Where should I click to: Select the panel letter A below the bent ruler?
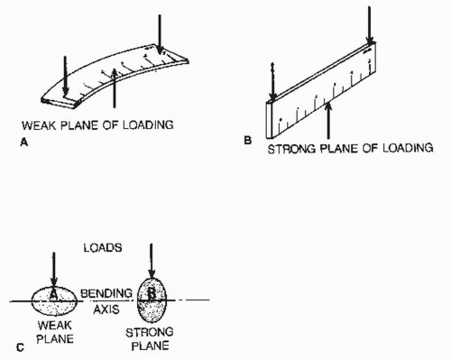pos(24,143)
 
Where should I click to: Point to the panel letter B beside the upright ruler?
pos(247,141)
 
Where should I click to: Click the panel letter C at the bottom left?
pos(20,347)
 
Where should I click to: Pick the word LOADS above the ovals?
pos(103,248)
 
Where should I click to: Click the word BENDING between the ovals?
pos(106,293)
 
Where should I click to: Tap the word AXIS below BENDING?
pos(106,309)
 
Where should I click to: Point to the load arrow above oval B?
pos(152,261)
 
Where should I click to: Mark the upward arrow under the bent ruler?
pos(114,88)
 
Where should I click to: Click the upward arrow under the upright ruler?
pos(328,121)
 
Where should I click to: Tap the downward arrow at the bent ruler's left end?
pos(65,76)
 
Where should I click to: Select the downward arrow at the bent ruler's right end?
pos(160,34)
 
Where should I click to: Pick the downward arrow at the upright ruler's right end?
pos(369,25)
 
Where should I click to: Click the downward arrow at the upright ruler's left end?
pos(272,83)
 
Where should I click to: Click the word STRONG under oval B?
pos(150,332)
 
